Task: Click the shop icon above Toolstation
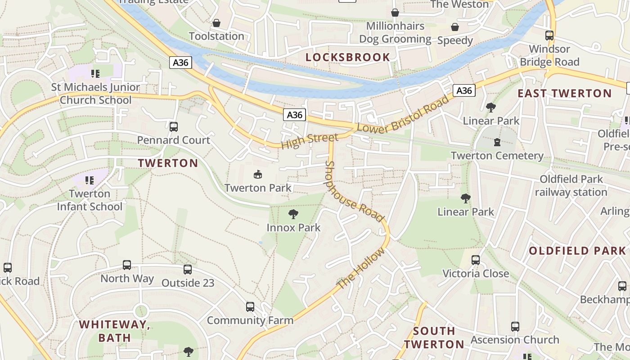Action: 216,23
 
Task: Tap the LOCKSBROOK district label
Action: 347,57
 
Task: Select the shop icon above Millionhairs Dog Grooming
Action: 395,13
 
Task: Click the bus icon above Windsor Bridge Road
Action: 549,36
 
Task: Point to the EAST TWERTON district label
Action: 564,94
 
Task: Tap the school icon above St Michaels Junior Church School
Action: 95,73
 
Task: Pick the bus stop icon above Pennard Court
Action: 174,127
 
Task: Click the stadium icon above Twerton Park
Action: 258,174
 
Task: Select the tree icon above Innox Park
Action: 293,214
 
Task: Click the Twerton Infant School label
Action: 90,200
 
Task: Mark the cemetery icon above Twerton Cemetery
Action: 497,142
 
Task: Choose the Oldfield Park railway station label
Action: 571,186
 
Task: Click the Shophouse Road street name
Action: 355,192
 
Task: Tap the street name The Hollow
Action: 361,269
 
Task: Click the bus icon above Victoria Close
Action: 476,260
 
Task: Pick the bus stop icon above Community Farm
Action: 250,307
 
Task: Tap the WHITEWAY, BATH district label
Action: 115,331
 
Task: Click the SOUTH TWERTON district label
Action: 434,337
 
